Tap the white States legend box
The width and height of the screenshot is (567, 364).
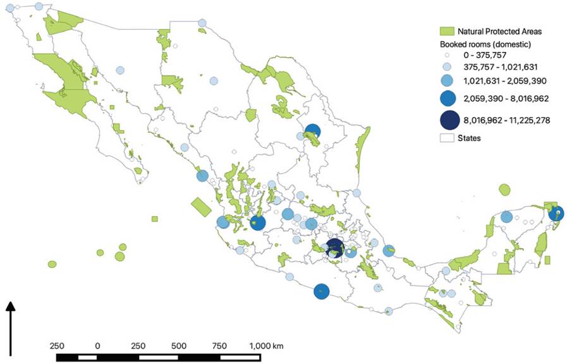[x=447, y=137]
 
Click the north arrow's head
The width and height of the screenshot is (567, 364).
[x=10, y=306]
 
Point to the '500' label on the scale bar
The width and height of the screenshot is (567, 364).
[x=179, y=346]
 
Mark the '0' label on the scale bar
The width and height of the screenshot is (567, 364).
[x=97, y=346]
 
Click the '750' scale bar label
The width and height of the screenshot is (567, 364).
[x=220, y=346]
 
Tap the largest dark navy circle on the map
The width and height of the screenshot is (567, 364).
[x=334, y=249]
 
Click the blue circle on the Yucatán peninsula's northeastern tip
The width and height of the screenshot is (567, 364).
[x=556, y=213]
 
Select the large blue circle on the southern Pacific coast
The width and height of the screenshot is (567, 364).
[x=322, y=292]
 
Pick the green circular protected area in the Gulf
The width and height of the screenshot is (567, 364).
[x=504, y=189]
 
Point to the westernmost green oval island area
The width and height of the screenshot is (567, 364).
[x=52, y=264]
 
